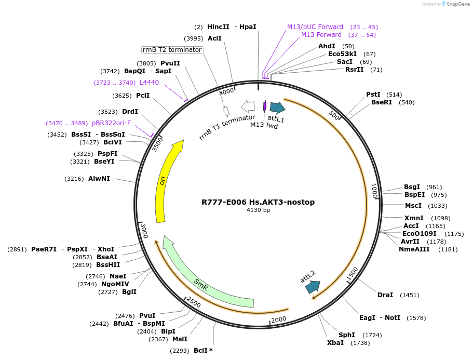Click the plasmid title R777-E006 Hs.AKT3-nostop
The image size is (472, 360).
258,202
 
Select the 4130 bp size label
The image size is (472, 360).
258,210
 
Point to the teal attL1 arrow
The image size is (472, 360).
277,108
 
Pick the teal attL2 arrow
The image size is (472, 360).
313,286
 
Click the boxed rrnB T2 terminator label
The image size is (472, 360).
172,50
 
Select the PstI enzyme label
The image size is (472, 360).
373,95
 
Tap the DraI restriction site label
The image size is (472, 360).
385,295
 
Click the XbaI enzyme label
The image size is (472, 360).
335,343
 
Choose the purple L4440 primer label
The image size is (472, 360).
149,83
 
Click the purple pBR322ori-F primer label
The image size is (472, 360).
111,123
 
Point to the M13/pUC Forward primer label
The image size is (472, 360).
315,27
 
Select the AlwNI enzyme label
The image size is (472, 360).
99,179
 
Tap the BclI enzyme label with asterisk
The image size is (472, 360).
203,351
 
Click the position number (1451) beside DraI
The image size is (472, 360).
409,295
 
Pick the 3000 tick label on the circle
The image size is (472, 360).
145,229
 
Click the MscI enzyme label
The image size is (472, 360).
413,206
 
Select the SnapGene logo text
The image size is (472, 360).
457,4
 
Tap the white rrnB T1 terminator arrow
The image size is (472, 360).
248,106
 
